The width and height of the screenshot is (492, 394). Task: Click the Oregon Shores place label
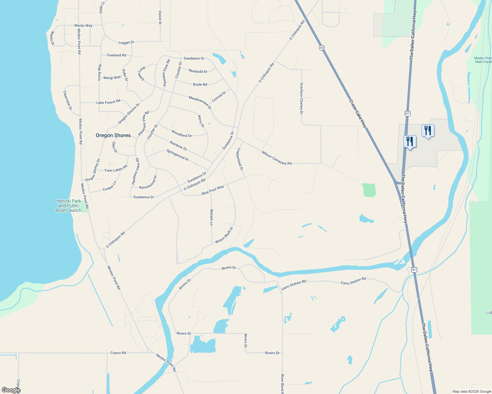pos(113,135)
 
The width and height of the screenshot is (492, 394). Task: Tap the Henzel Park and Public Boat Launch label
pos(69,206)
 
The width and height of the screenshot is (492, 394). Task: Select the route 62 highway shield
pos(322,48)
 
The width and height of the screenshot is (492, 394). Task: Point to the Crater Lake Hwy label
pos(358,114)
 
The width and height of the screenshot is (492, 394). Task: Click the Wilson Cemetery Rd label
pos(277,158)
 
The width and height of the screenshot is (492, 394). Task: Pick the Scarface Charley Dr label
pos(301,98)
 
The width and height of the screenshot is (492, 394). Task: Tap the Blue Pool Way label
pos(212,190)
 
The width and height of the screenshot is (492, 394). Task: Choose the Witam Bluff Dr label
pos(224,235)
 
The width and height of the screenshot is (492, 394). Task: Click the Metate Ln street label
pos(211,217)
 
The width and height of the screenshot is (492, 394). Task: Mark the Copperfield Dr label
pos(240,159)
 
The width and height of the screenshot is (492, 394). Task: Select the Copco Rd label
pos(118,353)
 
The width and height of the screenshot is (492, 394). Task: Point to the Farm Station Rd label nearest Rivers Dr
pos(294,284)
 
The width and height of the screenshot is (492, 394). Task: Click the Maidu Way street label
pos(83,25)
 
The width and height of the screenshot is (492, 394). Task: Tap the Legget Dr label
pos(126,42)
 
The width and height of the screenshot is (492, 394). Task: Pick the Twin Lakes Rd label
pos(116,169)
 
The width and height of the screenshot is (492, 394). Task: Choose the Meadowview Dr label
pos(200,102)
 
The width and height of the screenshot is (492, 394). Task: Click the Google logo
pos(11,390)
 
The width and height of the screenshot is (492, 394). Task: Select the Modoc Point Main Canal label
pos(483,60)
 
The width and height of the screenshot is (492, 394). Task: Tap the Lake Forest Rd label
pos(108,102)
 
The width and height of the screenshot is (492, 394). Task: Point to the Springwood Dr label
pos(178,155)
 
